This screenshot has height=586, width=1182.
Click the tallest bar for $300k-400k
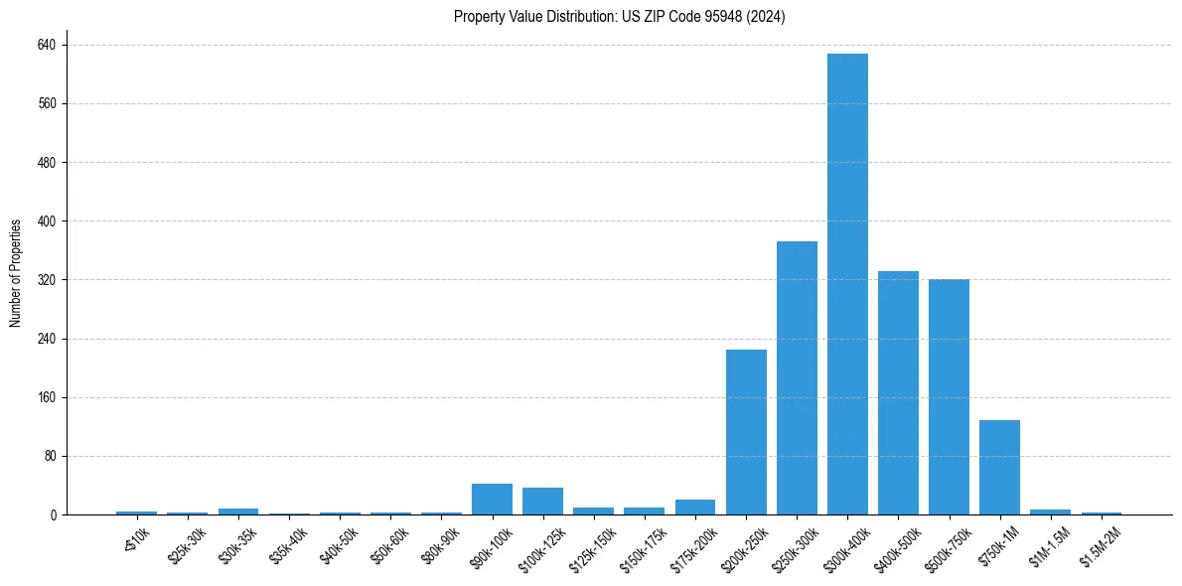(x=847, y=284)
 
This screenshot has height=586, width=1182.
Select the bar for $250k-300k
(x=797, y=377)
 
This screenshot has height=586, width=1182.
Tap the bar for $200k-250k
(x=746, y=432)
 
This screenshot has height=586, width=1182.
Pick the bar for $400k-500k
(x=898, y=392)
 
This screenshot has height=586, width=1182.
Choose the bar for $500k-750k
(x=949, y=397)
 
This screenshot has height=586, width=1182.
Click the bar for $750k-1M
(x=999, y=467)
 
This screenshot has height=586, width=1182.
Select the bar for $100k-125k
(x=542, y=502)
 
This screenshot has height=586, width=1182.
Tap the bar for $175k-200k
(x=695, y=508)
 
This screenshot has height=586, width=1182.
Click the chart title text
(x=619, y=17)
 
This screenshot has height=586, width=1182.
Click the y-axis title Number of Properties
(x=16, y=273)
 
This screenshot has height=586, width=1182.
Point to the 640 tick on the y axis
(x=46, y=45)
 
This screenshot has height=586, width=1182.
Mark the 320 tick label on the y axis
(x=46, y=280)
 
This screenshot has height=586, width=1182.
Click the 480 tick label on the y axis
(x=46, y=163)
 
